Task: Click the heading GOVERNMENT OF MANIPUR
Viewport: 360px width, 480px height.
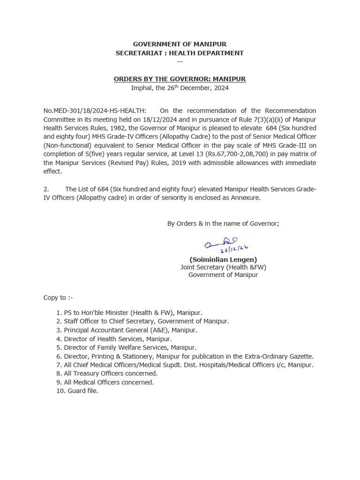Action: click(x=180, y=45)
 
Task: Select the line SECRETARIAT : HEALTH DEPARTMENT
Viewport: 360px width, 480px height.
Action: click(x=180, y=53)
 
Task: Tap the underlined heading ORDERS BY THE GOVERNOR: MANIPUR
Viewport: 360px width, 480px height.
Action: click(x=180, y=79)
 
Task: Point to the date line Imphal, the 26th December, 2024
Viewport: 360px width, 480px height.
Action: click(x=180, y=88)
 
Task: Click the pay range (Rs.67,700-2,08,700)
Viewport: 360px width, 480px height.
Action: click(x=239, y=154)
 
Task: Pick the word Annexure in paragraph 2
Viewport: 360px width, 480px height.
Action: click(x=245, y=197)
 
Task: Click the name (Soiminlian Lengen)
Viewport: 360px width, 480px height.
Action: click(x=223, y=259)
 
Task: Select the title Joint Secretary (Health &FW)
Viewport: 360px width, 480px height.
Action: click(x=223, y=267)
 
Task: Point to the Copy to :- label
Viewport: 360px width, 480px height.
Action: click(x=58, y=298)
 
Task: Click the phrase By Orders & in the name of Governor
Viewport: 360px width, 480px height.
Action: click(x=223, y=224)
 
